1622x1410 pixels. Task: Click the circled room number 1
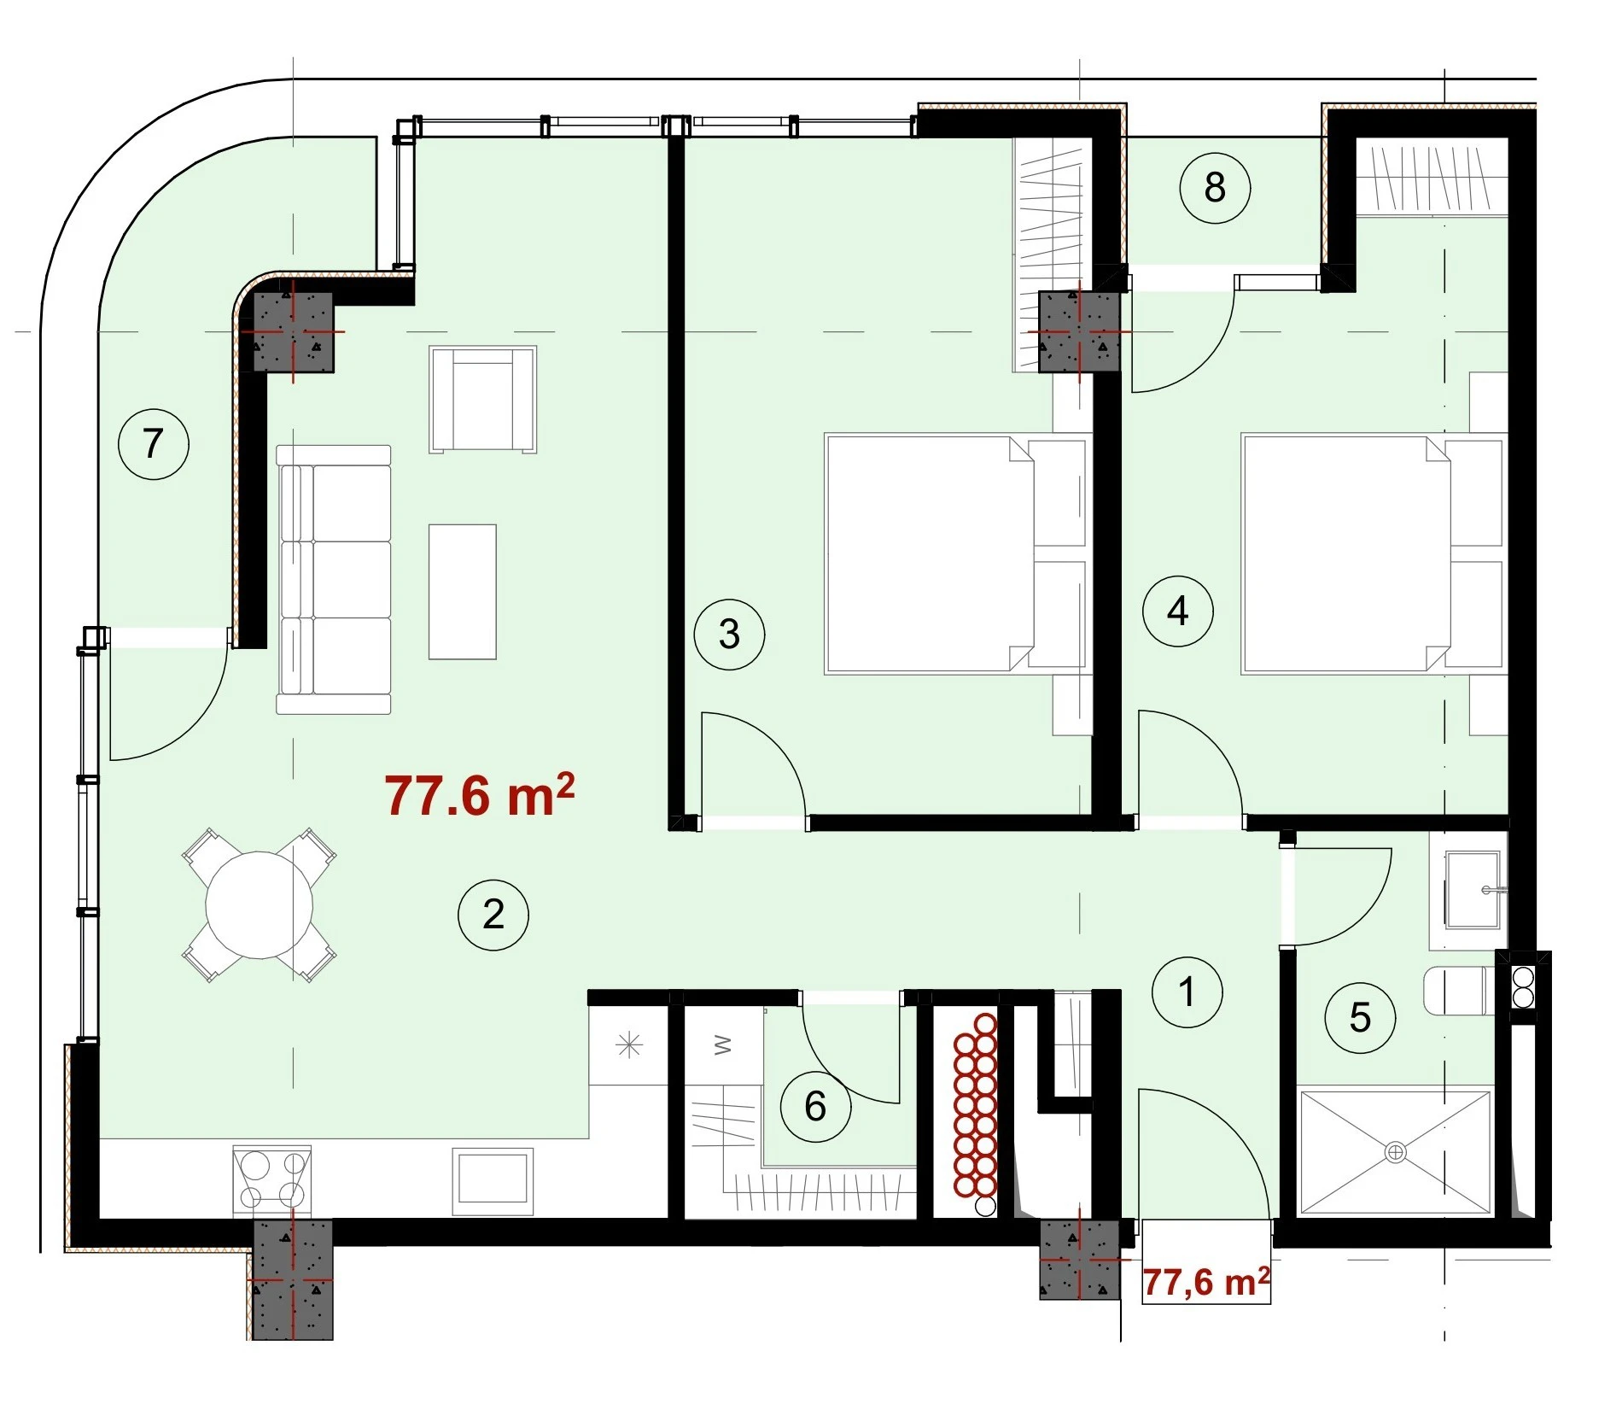pyautogui.click(x=1187, y=992)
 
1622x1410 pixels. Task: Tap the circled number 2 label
pyautogui.click(x=493, y=915)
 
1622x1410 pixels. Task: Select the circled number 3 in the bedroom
pyautogui.click(x=729, y=634)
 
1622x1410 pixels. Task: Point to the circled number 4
pyautogui.click(x=1178, y=611)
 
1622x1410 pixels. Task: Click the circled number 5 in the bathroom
pyautogui.click(x=1360, y=1017)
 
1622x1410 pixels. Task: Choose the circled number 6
pyautogui.click(x=815, y=1106)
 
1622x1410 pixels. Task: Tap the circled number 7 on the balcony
pyautogui.click(x=153, y=443)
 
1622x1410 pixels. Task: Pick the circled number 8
pyautogui.click(x=1215, y=187)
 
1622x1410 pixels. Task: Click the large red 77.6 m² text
pyautogui.click(x=479, y=794)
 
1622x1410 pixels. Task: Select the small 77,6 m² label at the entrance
pyautogui.click(x=1206, y=1281)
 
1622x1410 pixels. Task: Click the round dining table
pyautogui.click(x=260, y=905)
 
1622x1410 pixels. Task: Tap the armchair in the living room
pyautogui.click(x=483, y=399)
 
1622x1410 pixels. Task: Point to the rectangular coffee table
pyautogui.click(x=462, y=592)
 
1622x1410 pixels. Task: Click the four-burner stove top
pyautogui.click(x=272, y=1179)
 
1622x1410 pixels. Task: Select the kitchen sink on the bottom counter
pyautogui.click(x=493, y=1180)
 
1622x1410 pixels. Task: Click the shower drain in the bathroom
pyautogui.click(x=1395, y=1152)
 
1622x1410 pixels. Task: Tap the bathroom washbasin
pyautogui.click(x=1473, y=890)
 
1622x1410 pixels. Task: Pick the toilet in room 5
pyautogui.click(x=1461, y=991)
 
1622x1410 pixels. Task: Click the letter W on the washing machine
pyautogui.click(x=722, y=1044)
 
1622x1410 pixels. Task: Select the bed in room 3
pyautogui.click(x=954, y=554)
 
